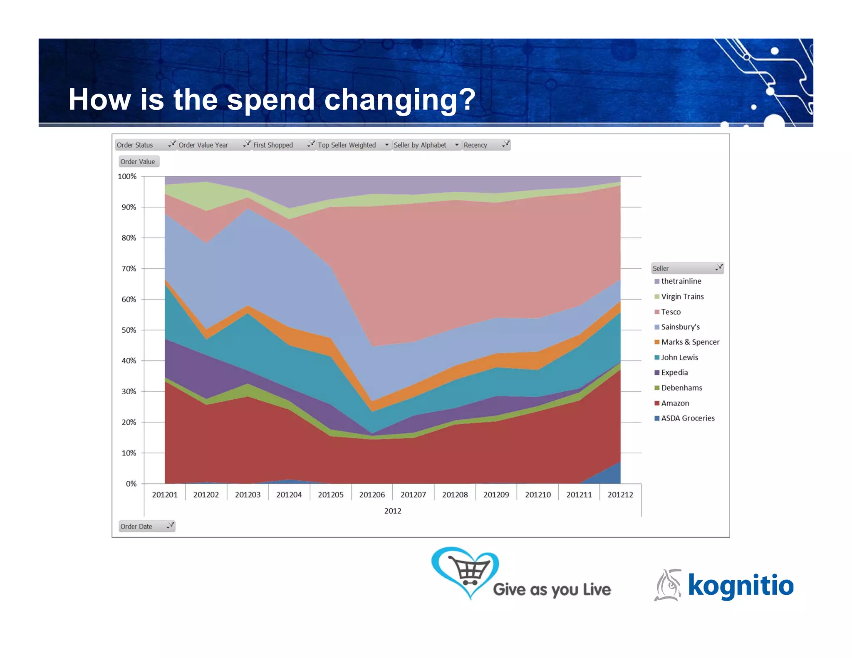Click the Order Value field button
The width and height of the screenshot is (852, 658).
[138, 161]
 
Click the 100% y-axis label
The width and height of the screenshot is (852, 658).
[127, 176]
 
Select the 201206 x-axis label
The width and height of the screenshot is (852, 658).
[372, 495]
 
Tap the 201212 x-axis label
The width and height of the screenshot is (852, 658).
[620, 495]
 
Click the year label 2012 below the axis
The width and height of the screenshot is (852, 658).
[392, 511]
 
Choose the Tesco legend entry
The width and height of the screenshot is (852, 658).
[671, 312]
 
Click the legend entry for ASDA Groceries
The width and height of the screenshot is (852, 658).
[687, 418]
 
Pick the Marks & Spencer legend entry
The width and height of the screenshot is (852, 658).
[690, 342]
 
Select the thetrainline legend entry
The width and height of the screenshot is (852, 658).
[681, 282]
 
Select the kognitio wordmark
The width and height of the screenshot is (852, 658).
[741, 586]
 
